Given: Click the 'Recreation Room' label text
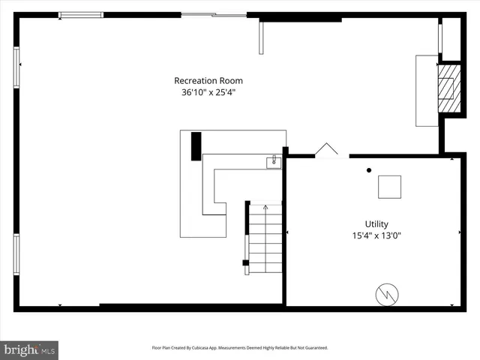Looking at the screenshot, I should coord(208,81).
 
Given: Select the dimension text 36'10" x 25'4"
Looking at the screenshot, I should coord(208,94).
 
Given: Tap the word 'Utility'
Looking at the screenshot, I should coord(376,223).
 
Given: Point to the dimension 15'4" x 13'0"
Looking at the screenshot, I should coord(376,235).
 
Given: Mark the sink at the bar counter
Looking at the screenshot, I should coord(273,160).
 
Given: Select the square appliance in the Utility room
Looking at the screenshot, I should coord(388,187).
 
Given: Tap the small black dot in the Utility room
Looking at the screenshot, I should coord(368,170).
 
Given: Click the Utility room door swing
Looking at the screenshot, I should coord(326,151).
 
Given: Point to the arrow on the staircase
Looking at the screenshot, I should coord(265,207).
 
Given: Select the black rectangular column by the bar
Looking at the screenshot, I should coord(196,145).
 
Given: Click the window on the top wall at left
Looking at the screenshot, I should coord(81,15).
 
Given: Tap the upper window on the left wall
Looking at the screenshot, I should coord(16,67).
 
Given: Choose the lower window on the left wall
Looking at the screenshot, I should coord(16,255).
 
